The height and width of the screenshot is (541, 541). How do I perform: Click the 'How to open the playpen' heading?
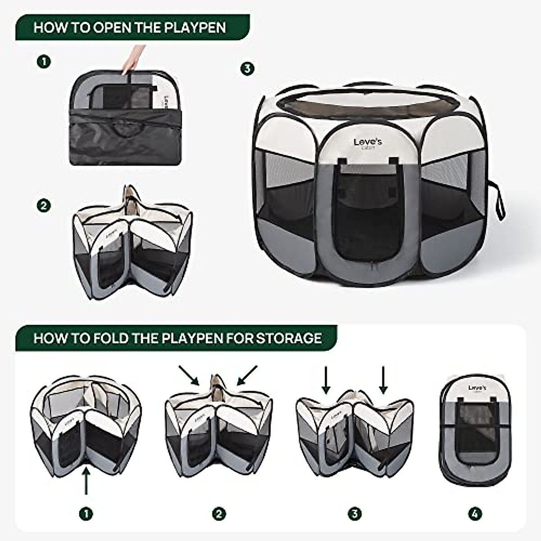coord(130,28)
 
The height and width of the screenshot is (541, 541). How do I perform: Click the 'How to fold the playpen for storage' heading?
coord(178,338)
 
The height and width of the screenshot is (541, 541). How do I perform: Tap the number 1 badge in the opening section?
coord(44,61)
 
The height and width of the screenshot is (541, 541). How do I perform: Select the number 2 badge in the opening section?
coord(44,206)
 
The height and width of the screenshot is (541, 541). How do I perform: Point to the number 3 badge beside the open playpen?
coord(247,69)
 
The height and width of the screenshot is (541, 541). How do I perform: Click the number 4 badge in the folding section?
coord(475,513)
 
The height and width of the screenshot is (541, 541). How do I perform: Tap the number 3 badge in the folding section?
coord(354,513)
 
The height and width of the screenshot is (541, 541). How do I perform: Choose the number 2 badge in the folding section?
coord(219,513)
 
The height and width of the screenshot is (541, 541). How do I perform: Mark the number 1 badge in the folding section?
coord(86,513)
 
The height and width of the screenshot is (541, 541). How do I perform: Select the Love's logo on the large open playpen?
coord(368,143)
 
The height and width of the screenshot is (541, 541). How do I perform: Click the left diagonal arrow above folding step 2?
coord(189,375)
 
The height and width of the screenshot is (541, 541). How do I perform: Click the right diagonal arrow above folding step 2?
coord(247,375)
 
